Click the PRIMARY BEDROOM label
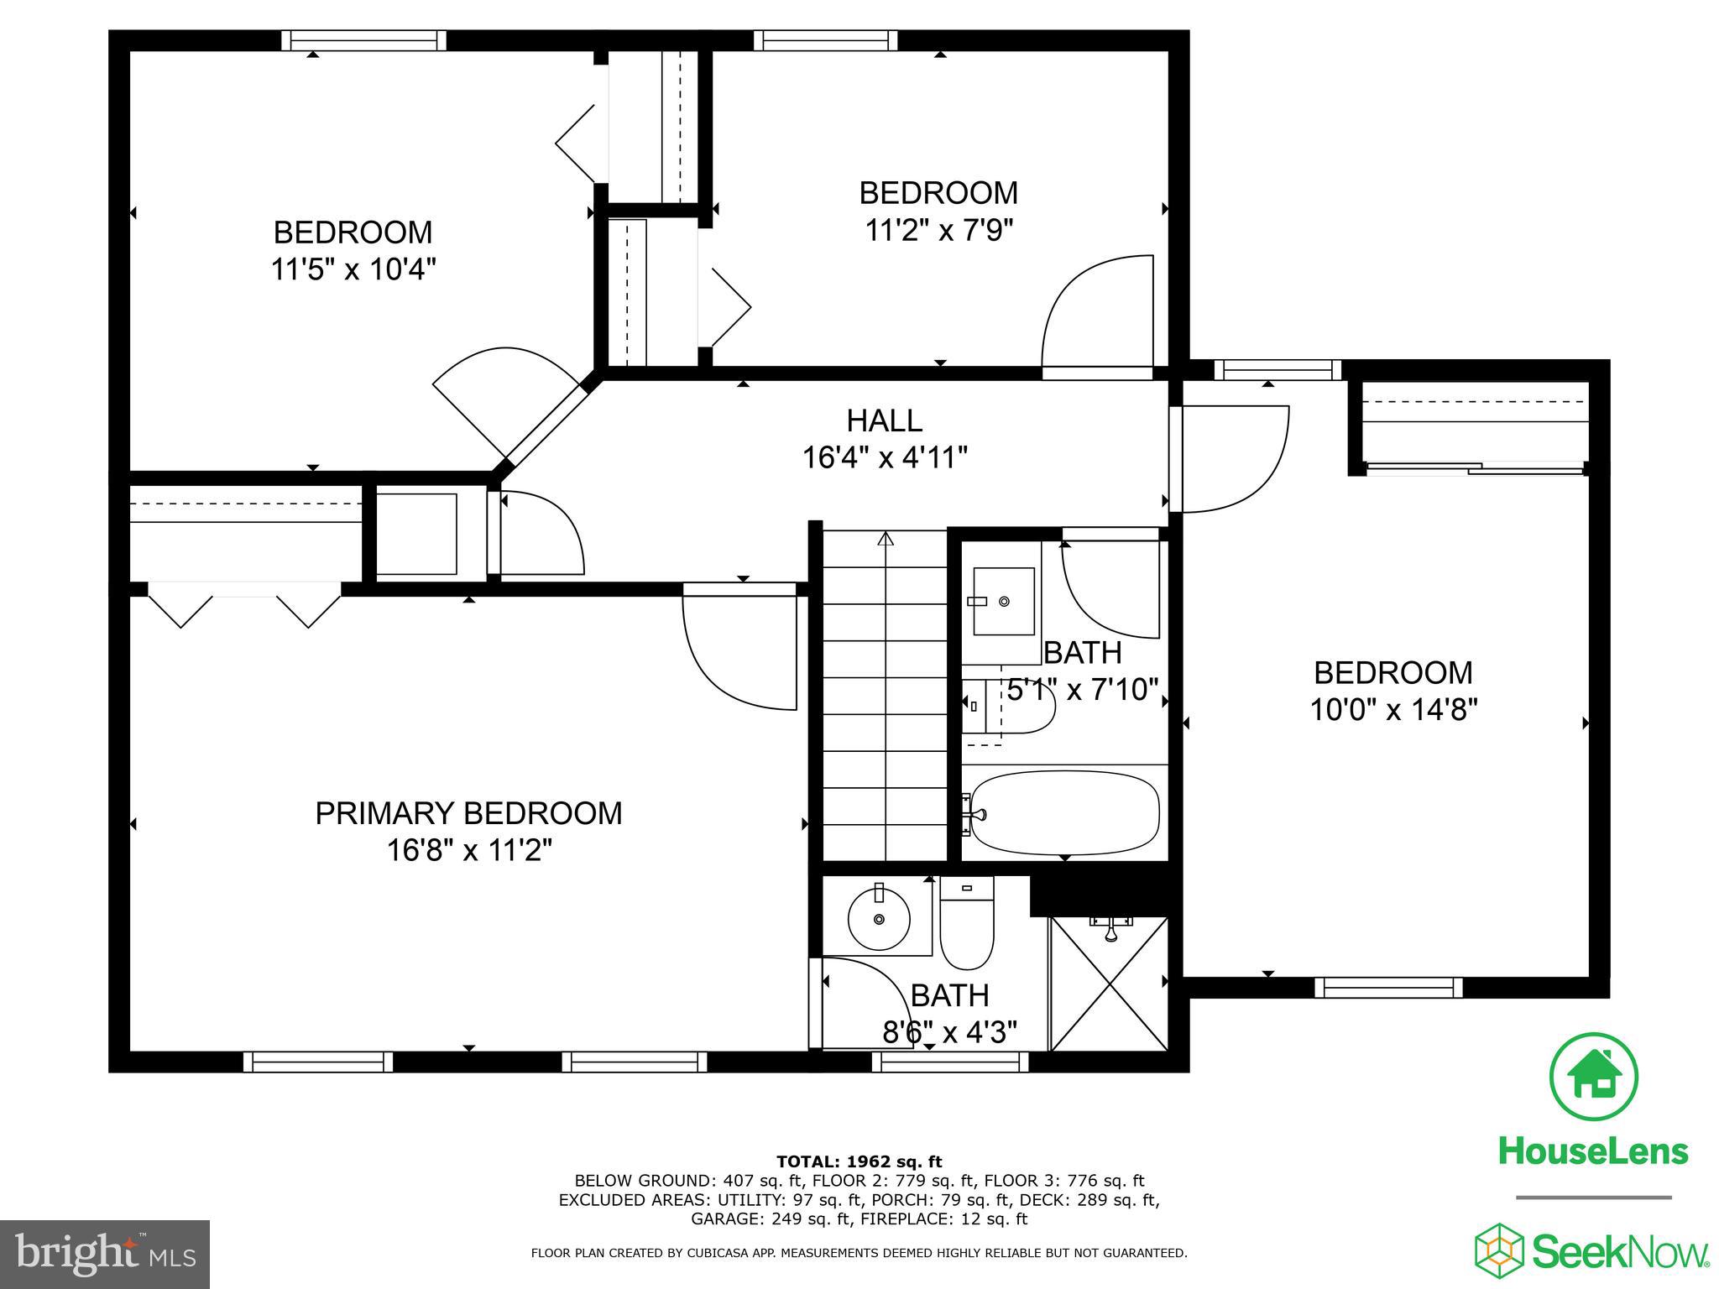point(468,813)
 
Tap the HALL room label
point(884,420)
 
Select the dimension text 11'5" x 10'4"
point(353,269)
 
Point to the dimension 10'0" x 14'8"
point(1392,710)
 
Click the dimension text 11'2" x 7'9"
point(939,230)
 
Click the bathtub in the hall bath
point(1064,811)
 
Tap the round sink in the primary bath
point(879,919)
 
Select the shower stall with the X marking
point(1109,984)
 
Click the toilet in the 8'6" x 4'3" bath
point(967,923)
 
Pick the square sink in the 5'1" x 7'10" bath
point(1003,601)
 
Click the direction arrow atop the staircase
point(885,539)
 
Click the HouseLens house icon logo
point(1593,1077)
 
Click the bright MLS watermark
point(105,1255)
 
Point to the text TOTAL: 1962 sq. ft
point(859,1162)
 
